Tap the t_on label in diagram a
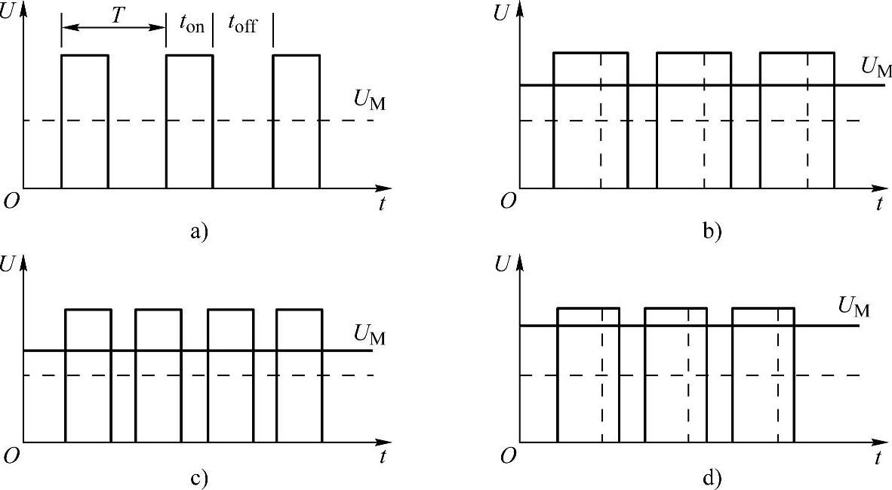[191, 23]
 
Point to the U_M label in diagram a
[369, 101]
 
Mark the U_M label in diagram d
[854, 308]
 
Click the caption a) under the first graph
[198, 231]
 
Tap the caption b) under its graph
[712, 231]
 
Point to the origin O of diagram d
[509, 455]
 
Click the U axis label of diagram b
[500, 14]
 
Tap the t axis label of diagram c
[383, 456]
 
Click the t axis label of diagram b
[880, 204]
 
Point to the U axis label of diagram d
[500, 265]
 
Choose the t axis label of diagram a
[383, 204]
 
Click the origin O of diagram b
[509, 201]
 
